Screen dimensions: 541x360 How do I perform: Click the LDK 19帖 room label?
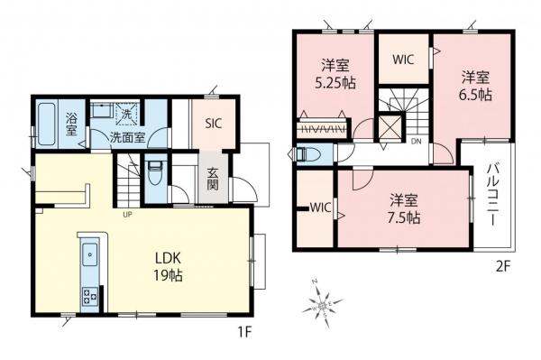coord(168,266)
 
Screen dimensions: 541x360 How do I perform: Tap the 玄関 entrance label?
coord(213,179)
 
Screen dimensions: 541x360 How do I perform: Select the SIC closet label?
coord(213,124)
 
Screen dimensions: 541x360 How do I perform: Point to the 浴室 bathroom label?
coord(71,124)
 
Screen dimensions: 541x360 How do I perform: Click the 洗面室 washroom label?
coord(127,138)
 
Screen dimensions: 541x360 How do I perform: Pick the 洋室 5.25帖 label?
coord(335,73)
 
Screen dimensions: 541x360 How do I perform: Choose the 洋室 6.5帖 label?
coord(475,86)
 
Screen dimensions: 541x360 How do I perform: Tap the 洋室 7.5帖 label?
coord(404,208)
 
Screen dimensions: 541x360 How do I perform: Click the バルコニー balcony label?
coord(492,196)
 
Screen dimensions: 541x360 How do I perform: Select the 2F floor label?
coord(503,267)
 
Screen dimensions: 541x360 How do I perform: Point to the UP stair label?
coord(128,215)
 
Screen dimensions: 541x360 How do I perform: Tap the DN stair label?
coord(417,142)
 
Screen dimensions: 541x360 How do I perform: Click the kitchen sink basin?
coord(89,254)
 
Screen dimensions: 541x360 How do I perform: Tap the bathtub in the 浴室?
coord(46,124)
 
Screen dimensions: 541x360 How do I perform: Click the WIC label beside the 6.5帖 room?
coord(403,60)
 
